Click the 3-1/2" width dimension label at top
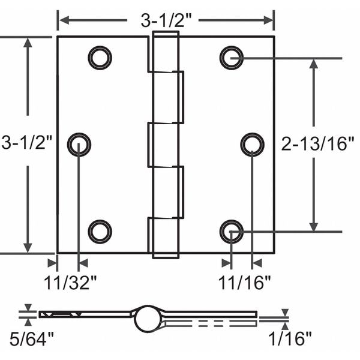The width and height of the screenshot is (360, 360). pos(166,20)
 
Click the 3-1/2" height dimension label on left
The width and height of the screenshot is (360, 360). pos(27,142)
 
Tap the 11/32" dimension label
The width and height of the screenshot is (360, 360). pos(70,283)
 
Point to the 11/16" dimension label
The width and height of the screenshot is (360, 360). pos(245,283)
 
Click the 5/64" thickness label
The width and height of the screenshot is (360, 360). pos(31,339)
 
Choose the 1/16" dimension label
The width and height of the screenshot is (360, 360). pos(290,339)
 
